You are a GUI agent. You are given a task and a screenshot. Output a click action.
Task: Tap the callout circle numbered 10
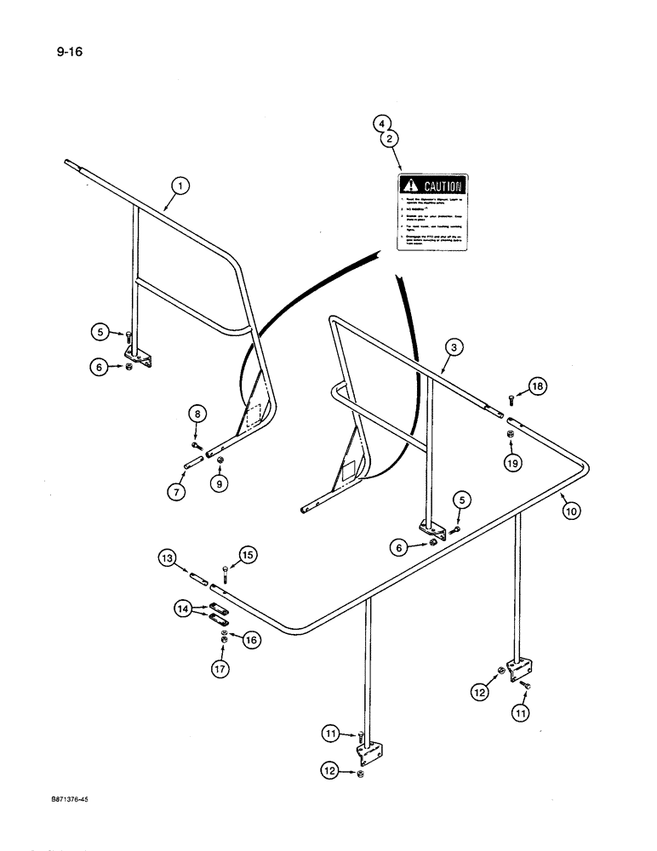(x=571, y=511)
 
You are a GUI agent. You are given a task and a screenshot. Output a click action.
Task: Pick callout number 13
(x=167, y=558)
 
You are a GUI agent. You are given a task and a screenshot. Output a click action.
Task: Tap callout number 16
(x=249, y=640)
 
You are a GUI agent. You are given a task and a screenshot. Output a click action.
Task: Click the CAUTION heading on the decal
(x=443, y=185)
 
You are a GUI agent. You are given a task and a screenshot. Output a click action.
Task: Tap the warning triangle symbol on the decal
(x=412, y=185)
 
